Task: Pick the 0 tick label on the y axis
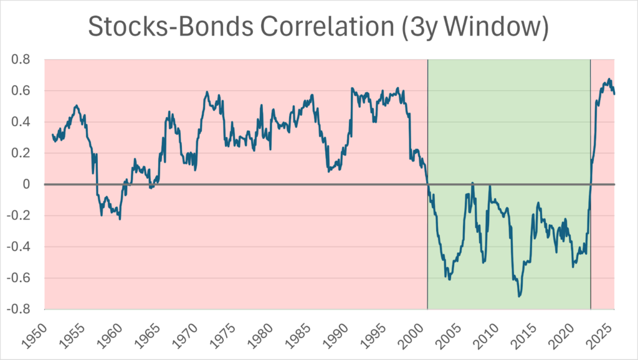pos(32,184)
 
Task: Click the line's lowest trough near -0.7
pos(520,296)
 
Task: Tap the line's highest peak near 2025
pos(609,79)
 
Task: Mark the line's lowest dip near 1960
pos(119,219)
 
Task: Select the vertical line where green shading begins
pos(427,187)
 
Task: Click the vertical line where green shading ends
pos(591,187)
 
